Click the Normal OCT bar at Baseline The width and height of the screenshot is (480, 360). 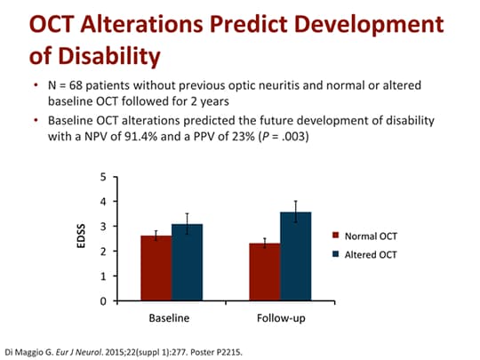point(156,268)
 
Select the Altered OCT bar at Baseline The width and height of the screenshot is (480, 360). point(188,263)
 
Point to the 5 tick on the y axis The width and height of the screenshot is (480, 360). point(103,177)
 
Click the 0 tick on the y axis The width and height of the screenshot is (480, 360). point(103,301)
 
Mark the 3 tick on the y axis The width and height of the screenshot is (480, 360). point(103,227)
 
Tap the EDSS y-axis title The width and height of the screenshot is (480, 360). point(79,238)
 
